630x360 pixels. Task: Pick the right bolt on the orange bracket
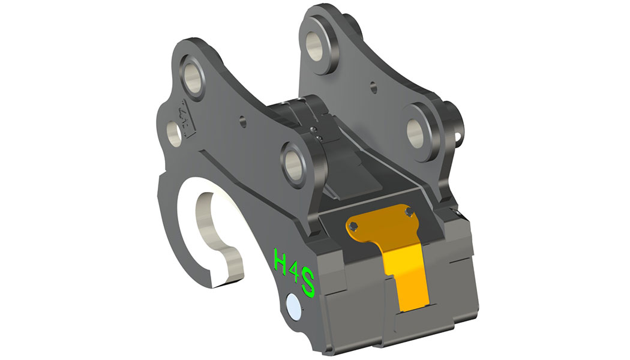pos(409,212)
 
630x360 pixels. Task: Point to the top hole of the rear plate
pos(316,41)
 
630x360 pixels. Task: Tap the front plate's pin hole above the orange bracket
pos(297,159)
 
